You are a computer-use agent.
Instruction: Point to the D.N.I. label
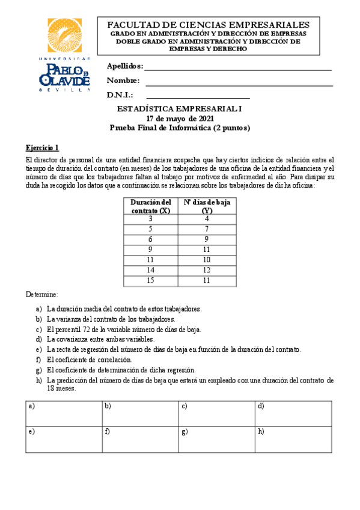coord(120,95)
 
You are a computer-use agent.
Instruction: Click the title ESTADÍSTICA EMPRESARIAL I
coord(180,109)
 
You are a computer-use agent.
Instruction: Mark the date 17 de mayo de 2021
coord(180,118)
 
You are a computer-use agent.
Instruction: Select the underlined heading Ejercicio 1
coord(42,147)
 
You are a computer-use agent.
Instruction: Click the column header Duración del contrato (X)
coord(150,206)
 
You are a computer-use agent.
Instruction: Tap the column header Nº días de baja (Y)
coord(206,206)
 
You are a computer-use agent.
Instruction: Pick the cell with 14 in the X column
coord(150,270)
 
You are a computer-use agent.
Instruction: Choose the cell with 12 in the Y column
coord(206,270)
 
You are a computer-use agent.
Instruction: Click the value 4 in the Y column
coord(206,219)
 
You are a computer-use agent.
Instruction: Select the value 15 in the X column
coord(150,280)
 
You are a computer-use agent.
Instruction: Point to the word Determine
coord(41,295)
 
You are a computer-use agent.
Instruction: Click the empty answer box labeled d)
coord(294,414)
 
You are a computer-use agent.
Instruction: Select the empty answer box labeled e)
coord(64,440)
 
